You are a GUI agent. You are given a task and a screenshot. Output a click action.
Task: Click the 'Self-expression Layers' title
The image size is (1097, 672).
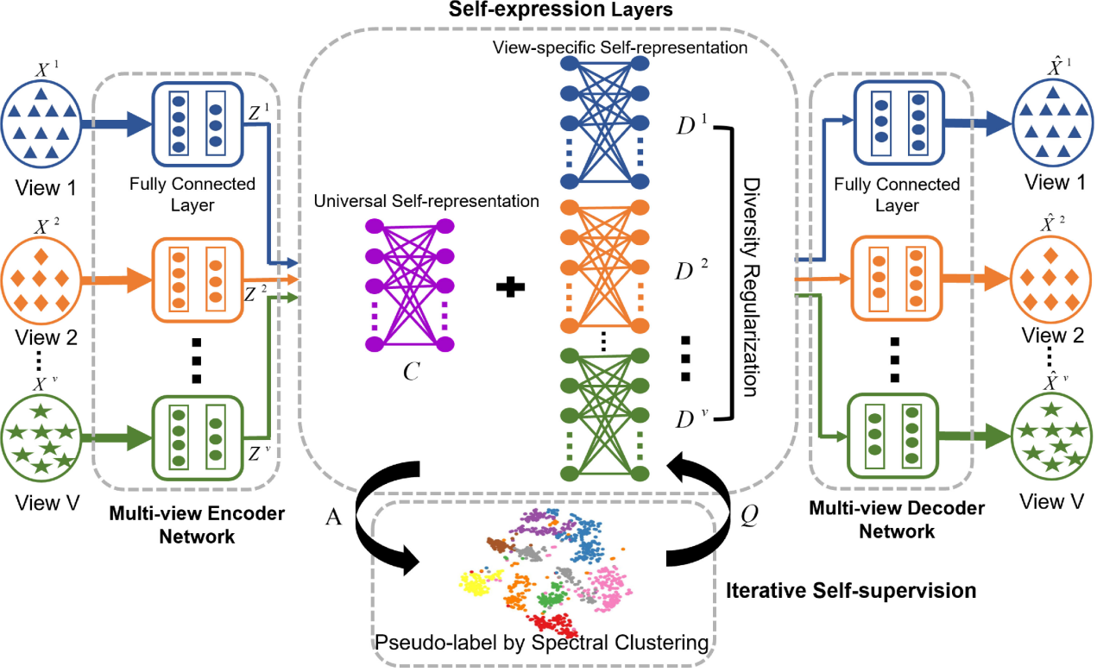coord(548,11)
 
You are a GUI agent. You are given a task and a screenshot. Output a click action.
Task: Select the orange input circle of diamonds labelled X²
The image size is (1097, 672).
coord(41,280)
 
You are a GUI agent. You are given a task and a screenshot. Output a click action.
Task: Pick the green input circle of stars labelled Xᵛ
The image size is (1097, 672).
coord(41,436)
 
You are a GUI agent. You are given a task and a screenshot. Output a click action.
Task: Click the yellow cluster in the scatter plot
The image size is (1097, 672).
coord(476,584)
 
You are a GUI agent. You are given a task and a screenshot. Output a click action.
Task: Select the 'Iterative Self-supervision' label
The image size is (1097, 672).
coord(851,591)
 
